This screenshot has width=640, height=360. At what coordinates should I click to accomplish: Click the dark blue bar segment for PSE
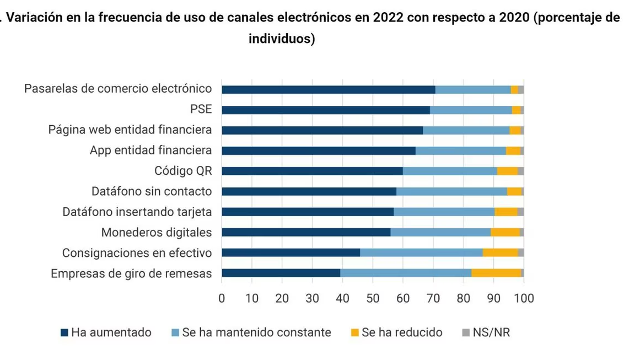[325, 110]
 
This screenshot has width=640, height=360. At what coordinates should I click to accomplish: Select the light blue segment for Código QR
[450, 171]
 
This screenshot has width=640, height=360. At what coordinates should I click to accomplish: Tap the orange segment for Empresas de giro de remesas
[496, 273]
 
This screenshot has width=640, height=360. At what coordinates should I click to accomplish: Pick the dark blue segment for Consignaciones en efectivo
[291, 252]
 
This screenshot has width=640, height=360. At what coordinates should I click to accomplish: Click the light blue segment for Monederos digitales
[440, 232]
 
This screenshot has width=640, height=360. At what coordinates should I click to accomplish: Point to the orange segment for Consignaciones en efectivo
[500, 252]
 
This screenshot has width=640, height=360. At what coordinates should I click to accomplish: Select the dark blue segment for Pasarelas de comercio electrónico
[328, 89]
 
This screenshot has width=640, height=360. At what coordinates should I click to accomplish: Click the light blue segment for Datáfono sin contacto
[451, 191]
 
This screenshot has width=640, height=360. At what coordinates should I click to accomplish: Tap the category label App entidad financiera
[150, 151]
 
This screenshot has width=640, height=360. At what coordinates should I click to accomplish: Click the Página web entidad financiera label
[130, 130]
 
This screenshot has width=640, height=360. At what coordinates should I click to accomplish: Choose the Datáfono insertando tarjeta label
[137, 212]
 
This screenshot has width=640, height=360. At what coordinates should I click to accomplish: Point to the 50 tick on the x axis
[373, 298]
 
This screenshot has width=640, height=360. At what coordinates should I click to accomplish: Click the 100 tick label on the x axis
[524, 298]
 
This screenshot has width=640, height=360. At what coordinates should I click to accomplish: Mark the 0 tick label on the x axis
[222, 298]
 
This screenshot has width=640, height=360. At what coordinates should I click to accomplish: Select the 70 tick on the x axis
[433, 298]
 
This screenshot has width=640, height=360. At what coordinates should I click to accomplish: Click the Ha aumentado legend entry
[106, 332]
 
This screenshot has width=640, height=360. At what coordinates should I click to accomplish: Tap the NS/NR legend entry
[486, 332]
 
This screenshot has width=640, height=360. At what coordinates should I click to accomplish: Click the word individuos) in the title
[282, 40]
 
